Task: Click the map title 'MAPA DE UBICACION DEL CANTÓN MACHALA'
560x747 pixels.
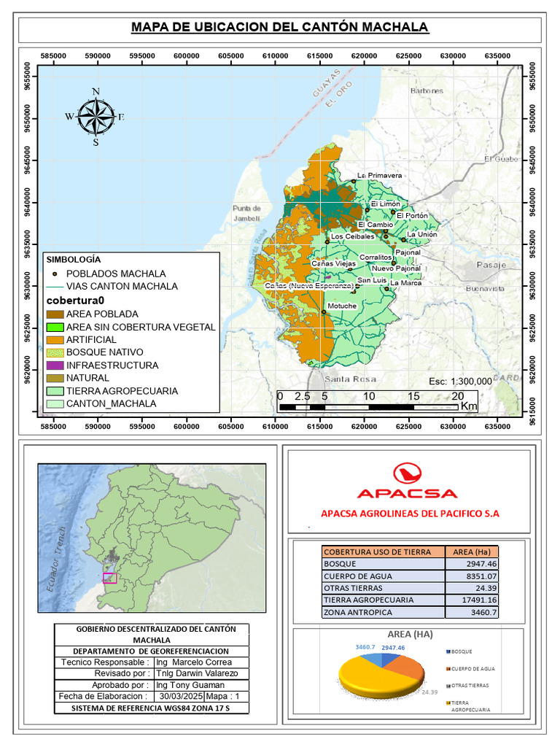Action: pos(280,28)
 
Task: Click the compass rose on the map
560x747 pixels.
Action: pos(96,117)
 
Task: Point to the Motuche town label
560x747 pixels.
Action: pos(342,306)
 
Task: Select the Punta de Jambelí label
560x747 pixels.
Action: pos(246,212)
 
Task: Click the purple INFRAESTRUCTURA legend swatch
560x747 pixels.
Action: pos(55,365)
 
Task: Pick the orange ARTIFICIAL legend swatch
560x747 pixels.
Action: pos(55,340)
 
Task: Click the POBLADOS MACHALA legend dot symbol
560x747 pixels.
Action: pos(55,274)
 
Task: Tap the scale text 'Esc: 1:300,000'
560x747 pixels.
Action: pos(460,382)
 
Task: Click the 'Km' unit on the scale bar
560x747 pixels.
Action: pos(469,406)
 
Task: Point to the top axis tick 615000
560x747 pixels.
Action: pos(320,56)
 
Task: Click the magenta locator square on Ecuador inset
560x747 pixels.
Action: pos(110,578)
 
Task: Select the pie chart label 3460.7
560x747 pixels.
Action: pos(365,647)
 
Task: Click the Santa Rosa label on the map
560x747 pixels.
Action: pos(350,379)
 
